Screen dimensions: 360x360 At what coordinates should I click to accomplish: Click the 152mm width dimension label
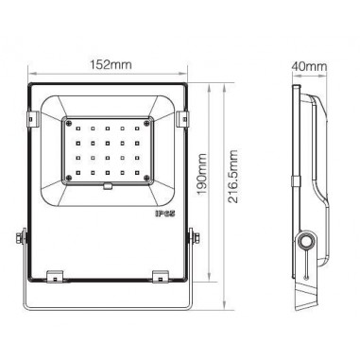pos(112,64)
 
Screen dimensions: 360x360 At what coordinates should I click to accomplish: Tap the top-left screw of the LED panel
pos(67,122)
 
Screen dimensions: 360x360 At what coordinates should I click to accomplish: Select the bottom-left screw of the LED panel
pos(67,177)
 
